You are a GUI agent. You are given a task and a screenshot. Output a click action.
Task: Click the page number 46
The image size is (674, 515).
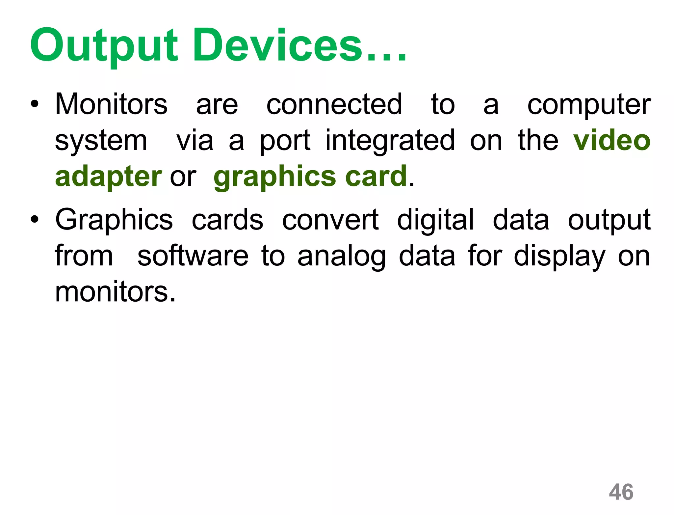point(621,492)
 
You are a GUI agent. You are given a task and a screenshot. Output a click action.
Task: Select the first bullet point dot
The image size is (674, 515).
point(35,105)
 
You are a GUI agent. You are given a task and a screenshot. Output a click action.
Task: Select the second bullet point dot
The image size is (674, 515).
point(35,219)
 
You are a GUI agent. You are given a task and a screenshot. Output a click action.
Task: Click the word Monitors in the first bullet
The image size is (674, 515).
point(111,104)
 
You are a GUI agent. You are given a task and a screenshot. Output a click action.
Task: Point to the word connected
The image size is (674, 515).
point(334,104)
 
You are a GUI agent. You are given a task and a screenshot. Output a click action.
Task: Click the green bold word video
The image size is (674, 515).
point(612,141)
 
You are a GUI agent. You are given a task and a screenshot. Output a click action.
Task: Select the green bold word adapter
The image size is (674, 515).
point(108,177)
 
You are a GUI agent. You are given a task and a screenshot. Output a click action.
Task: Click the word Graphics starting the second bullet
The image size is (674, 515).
point(114,220)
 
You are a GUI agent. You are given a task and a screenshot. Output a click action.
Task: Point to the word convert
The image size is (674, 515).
point(330,220)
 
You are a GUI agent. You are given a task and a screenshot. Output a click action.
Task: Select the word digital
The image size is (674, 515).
point(435,220)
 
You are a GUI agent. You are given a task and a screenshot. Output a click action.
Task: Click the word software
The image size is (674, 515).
point(193,256)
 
